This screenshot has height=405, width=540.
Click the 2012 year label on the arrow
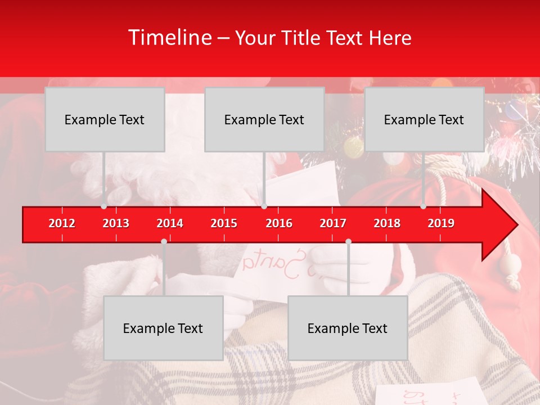(62, 223)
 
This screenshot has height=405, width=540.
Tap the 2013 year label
(116, 223)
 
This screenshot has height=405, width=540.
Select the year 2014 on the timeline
(170, 223)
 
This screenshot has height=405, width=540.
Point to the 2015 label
(224, 223)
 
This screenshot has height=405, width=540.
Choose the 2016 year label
(279, 223)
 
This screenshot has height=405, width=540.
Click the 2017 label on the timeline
(333, 223)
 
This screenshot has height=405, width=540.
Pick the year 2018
(387, 223)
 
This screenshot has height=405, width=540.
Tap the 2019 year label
(441, 223)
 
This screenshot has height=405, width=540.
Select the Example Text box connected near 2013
(105, 119)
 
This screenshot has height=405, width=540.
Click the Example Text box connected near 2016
(264, 119)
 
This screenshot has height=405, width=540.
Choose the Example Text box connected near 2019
(424, 119)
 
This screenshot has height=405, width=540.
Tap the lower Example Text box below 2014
(163, 328)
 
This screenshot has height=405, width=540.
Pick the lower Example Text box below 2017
(348, 328)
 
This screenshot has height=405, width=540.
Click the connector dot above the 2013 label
(103, 206)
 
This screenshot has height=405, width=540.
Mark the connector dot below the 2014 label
(164, 241)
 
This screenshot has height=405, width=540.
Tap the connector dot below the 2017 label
(348, 241)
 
